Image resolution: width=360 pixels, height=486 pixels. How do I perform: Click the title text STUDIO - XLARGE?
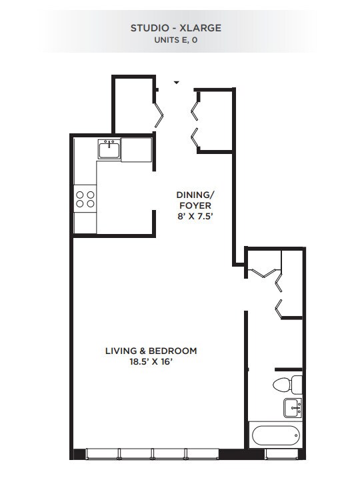[177, 28]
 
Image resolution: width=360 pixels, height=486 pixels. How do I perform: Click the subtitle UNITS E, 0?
[177, 40]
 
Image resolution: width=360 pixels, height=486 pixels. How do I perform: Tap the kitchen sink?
[109, 149]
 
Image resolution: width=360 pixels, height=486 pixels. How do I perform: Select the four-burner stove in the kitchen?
[85, 198]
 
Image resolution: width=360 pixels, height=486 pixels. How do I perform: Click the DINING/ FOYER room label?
[194, 200]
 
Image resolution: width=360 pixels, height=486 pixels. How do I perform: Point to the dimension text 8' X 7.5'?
[194, 217]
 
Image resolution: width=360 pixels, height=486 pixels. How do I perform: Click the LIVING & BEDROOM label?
[151, 351]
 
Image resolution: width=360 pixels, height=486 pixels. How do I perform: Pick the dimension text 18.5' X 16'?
[151, 362]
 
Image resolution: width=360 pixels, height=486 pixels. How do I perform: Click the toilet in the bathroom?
[285, 385]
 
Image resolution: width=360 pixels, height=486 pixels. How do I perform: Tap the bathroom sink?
[292, 406]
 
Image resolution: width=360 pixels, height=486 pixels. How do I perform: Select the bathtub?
[275, 437]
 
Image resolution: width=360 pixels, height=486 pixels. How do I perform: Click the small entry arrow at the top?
[177, 83]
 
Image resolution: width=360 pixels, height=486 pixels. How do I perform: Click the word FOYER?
[194, 205]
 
